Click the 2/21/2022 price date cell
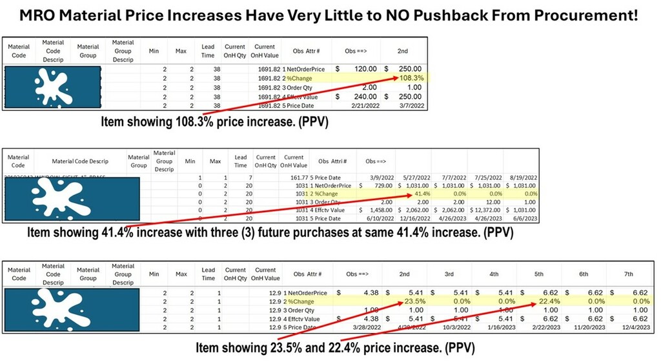[361, 105]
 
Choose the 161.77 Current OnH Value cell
[293, 177]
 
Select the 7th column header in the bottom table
[628, 274]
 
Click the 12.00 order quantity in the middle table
[486, 201]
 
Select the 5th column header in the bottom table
[538, 274]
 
